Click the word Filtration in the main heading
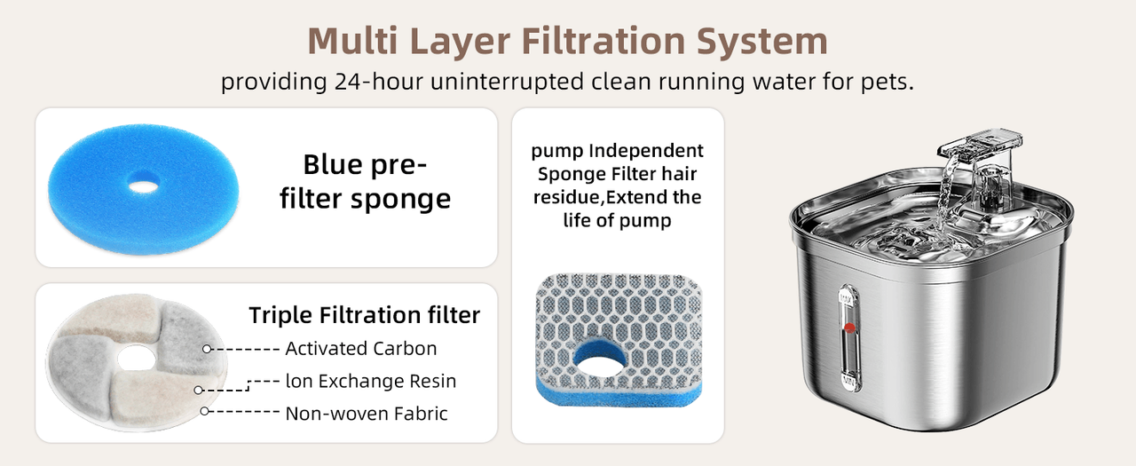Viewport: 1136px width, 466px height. tap(603, 41)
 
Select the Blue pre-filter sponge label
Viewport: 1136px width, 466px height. tap(365, 181)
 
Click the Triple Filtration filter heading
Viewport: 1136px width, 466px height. tap(365, 315)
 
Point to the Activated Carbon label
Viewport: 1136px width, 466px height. tap(361, 348)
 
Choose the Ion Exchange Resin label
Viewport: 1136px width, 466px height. tap(371, 381)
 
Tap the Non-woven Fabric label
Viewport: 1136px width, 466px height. tap(367, 414)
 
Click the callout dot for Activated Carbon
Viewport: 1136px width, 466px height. tap(207, 349)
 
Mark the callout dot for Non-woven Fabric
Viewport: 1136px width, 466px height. tap(204, 411)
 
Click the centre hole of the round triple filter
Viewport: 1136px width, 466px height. tap(136, 359)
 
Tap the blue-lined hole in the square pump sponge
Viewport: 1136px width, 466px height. tap(600, 358)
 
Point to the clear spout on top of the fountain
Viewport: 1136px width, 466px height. tap(979, 146)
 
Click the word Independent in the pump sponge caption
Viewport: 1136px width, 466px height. tap(646, 151)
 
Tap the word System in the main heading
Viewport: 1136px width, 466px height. tap(762, 41)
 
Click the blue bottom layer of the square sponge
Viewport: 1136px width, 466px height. tap(619, 394)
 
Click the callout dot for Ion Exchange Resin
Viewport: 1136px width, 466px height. tap(198, 390)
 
